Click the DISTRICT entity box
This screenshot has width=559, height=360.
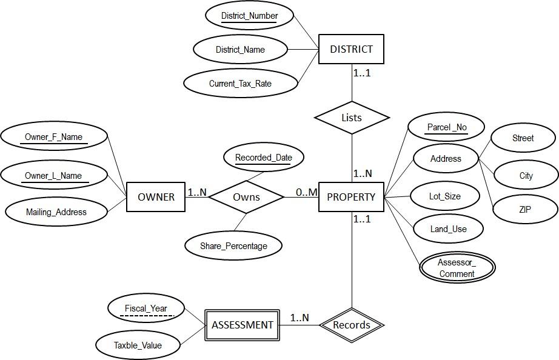(351, 49)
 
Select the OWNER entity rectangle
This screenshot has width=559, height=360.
(156, 197)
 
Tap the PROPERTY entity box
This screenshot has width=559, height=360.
(351, 197)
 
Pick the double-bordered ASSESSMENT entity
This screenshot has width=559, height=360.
(243, 325)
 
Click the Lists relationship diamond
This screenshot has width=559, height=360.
(352, 118)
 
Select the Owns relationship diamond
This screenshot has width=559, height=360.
(246, 197)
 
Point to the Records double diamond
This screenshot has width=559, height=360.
(352, 325)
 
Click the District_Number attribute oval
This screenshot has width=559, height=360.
(249, 16)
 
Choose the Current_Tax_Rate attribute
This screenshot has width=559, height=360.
(240, 84)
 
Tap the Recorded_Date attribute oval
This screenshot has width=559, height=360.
(263, 158)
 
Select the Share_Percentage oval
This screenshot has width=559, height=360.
(233, 245)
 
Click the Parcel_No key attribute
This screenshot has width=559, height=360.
(446, 127)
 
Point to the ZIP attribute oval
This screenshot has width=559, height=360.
(525, 209)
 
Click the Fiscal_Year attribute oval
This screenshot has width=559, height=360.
(146, 308)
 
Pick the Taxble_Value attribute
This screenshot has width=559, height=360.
(138, 345)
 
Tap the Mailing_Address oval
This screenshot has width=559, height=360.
(56, 212)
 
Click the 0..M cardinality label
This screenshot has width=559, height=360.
(306, 192)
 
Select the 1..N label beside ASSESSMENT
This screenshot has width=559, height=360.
(299, 318)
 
